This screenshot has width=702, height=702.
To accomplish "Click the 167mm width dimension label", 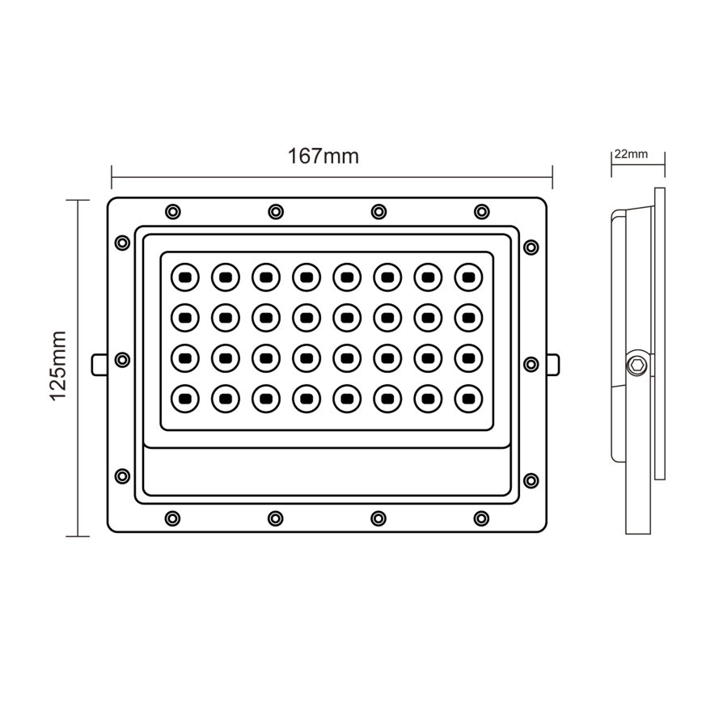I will coord(323,156).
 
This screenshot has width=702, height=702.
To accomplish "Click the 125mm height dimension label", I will coord(57,366).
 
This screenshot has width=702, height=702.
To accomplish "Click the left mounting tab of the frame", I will coord(99,365).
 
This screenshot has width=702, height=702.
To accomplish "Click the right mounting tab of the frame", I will coord(553,365).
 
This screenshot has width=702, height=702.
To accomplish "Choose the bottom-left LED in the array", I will coord(184,397).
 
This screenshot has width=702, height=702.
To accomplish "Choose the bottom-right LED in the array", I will coord(468,397).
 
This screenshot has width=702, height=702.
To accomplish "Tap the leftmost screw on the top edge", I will coord(172,212).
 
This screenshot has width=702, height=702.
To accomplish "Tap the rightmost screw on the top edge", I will coord(482,212).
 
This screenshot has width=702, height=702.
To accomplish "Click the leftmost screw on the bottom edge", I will coord(172,518).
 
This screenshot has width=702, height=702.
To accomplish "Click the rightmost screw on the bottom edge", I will coord(482,518).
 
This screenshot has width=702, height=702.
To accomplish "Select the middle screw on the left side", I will coord(123,360).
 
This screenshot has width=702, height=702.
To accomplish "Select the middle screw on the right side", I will coord(531,364).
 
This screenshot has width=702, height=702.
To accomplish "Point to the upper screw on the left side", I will coord(123,243).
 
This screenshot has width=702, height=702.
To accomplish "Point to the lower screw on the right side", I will coord(531,480).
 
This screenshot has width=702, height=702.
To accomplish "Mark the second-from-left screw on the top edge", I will coord(276,212).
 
